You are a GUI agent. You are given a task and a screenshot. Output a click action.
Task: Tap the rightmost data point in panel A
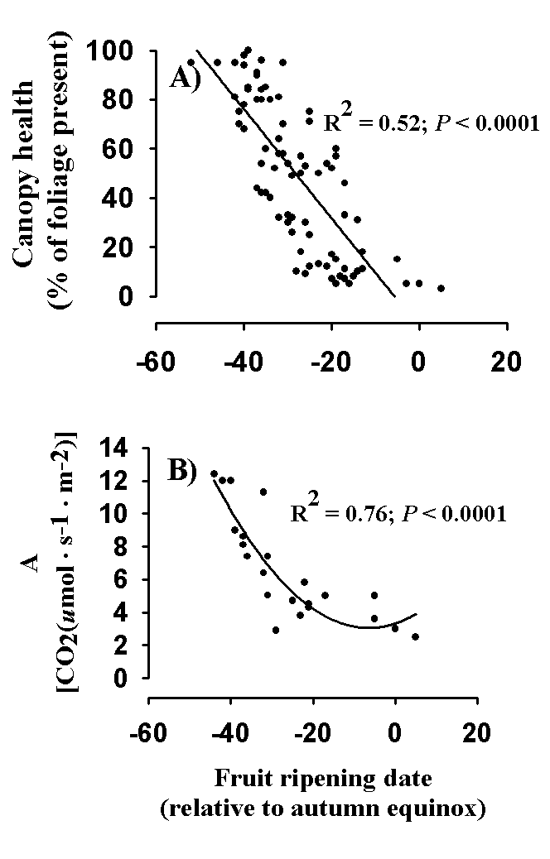tap(441, 288)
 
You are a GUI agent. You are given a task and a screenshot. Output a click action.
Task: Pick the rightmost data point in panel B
tap(415, 636)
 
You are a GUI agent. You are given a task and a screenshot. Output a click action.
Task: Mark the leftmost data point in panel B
tap(214, 473)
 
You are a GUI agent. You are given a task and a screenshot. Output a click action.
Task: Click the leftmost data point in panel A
tap(191, 62)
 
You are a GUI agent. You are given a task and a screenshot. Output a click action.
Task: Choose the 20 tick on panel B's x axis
tap(475, 734)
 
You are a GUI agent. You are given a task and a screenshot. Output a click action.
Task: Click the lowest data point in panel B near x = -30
tap(276, 630)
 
